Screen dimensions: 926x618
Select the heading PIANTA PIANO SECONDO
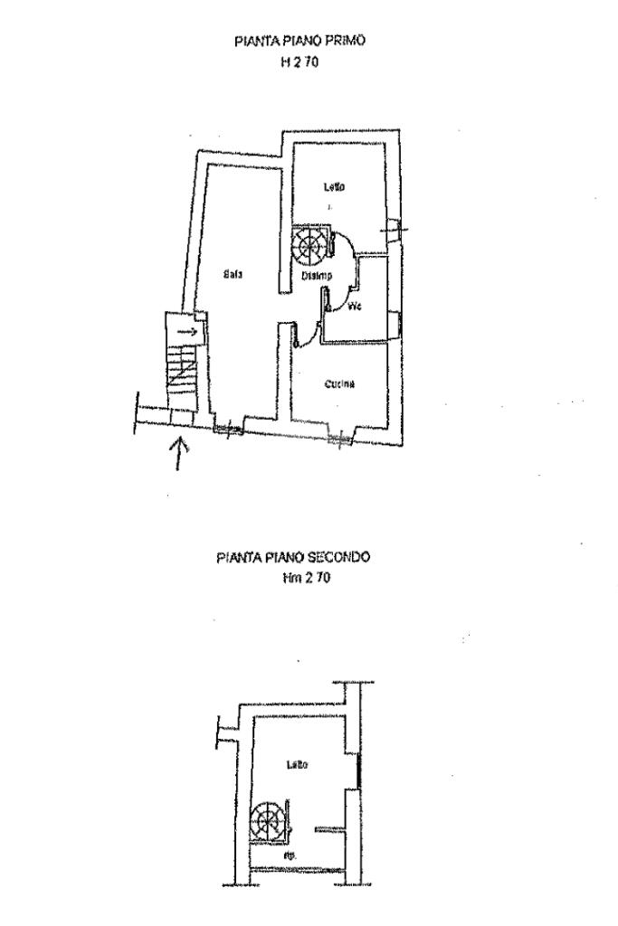point(292,558)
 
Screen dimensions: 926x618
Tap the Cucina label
point(339,384)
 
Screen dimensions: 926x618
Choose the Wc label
point(356,307)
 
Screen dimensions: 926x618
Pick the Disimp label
point(317,276)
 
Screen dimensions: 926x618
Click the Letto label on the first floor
point(336,187)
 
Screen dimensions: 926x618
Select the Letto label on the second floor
point(297,765)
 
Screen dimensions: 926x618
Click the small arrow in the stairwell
point(187,332)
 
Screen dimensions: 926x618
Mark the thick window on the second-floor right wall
point(358,770)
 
